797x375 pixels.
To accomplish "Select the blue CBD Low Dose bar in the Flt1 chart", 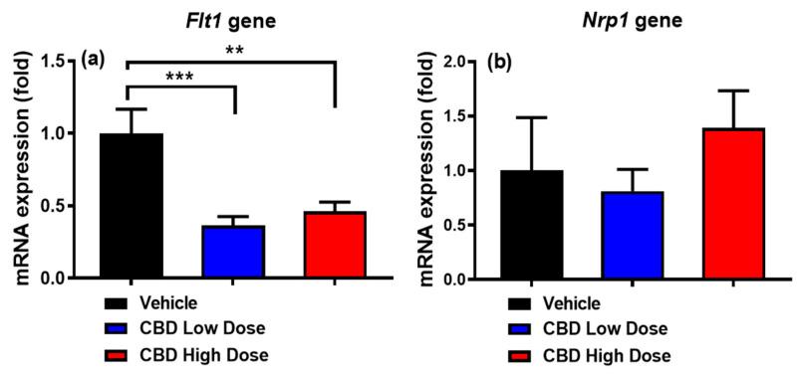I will (x=233, y=253).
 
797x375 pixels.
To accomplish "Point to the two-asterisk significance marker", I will (x=229, y=48).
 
